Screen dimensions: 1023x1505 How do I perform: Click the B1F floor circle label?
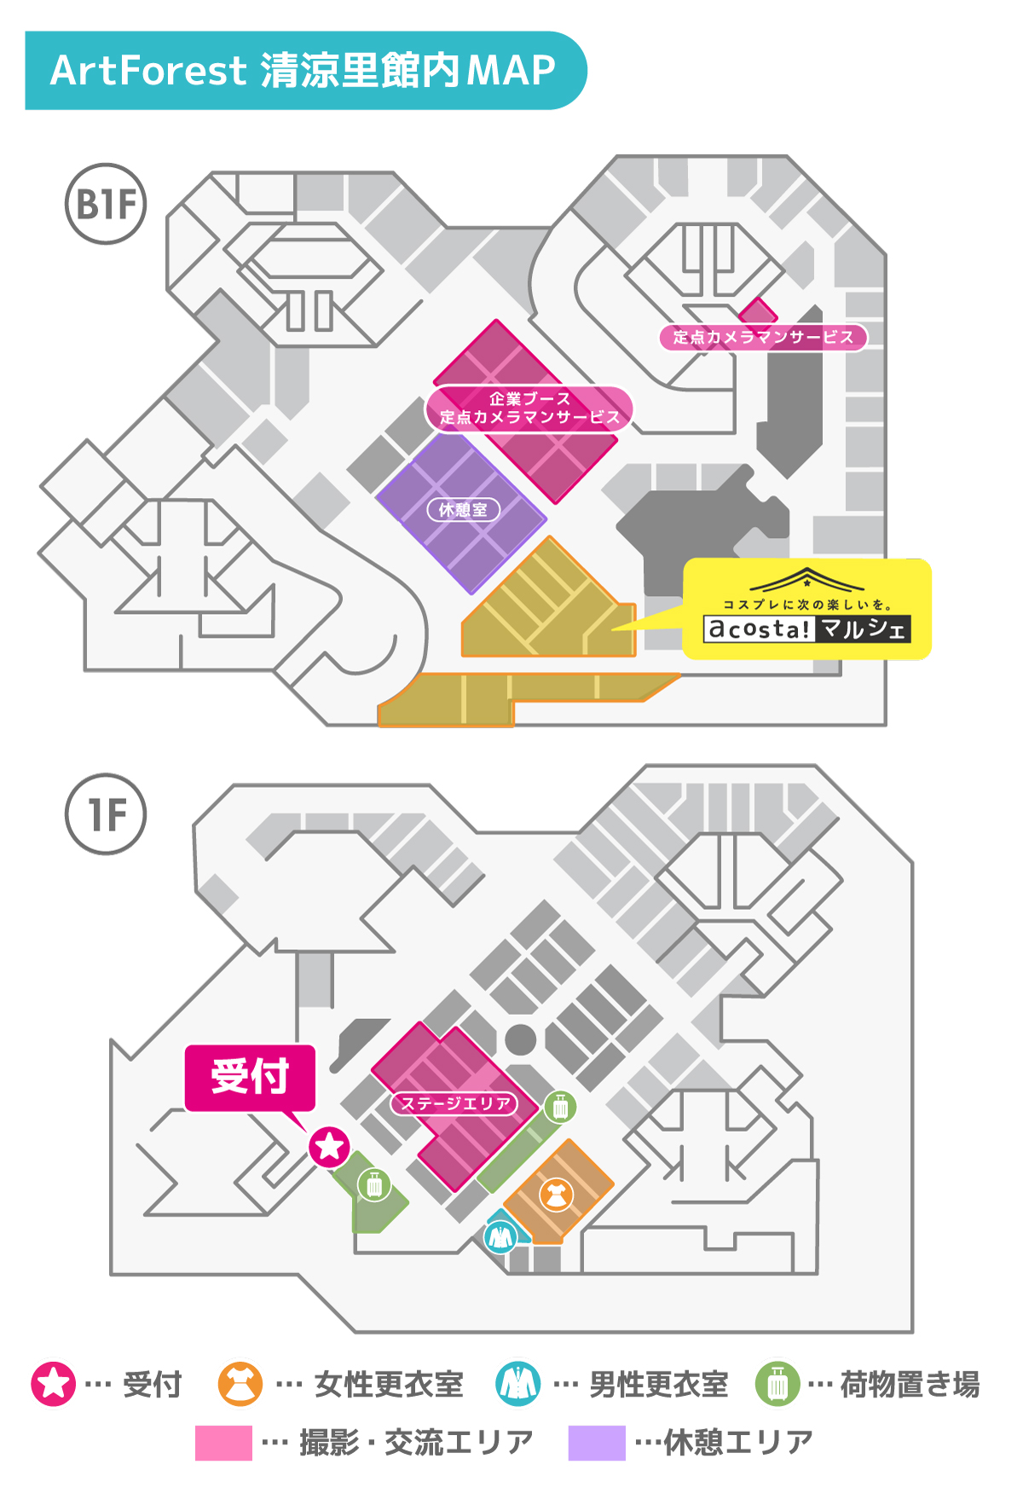[106, 204]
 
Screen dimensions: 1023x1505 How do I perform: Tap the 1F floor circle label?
[106, 814]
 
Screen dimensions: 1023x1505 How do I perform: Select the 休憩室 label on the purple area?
[463, 510]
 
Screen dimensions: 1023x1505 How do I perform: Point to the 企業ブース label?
[530, 398]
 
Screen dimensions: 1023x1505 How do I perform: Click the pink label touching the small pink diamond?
[763, 337]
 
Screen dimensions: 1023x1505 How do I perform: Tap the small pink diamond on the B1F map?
[758, 311]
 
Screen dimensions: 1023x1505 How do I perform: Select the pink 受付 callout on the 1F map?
[251, 1077]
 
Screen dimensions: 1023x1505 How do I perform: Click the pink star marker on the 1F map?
[329, 1146]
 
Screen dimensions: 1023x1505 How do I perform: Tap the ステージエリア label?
[455, 1103]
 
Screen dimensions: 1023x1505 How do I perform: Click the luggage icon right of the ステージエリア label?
[560, 1108]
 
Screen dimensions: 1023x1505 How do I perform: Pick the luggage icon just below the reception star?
[374, 1184]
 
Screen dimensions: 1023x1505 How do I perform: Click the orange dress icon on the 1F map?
[556, 1195]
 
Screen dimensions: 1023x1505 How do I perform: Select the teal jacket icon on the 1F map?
[500, 1236]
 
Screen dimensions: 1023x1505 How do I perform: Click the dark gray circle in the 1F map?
[521, 1039]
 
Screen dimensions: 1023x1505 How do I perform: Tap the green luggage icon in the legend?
[777, 1383]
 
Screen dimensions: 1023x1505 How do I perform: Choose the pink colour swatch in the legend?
[223, 1443]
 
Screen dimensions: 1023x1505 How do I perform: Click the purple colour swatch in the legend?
[597, 1443]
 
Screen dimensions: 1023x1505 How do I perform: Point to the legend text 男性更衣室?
[659, 1384]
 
